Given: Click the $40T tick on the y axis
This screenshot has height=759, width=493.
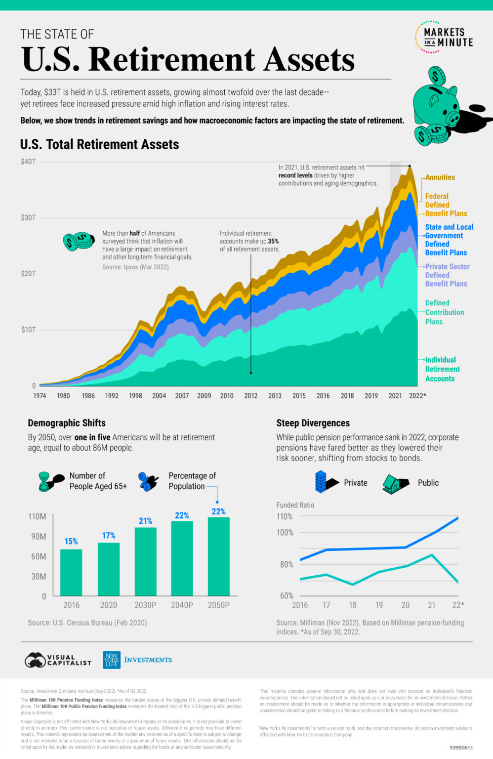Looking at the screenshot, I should [x=28, y=162].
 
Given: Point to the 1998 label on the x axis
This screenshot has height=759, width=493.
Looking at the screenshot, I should [x=135, y=395].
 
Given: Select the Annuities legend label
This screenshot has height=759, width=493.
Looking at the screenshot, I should [x=440, y=177].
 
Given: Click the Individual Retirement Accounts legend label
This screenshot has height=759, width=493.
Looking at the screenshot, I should [x=442, y=369].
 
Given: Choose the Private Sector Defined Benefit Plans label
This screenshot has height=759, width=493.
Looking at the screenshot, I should [x=447, y=275].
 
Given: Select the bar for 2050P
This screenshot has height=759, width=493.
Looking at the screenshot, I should [x=218, y=556].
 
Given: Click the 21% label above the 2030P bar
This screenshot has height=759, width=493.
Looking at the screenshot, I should [x=145, y=521].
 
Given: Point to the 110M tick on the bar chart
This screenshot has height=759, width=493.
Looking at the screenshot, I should [x=37, y=516].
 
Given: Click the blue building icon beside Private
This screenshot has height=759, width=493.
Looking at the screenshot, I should [x=321, y=481].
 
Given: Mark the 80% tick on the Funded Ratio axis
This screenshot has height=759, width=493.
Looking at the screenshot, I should [x=287, y=564].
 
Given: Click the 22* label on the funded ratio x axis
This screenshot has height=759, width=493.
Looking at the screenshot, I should [x=458, y=605].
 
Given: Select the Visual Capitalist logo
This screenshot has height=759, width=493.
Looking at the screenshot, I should [x=58, y=660].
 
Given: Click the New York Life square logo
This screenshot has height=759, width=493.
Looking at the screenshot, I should [x=111, y=660].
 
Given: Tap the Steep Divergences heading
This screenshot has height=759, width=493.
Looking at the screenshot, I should [x=313, y=423].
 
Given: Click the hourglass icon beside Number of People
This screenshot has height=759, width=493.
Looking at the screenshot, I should [x=45, y=481].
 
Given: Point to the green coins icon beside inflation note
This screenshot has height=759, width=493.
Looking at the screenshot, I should [x=78, y=241].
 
